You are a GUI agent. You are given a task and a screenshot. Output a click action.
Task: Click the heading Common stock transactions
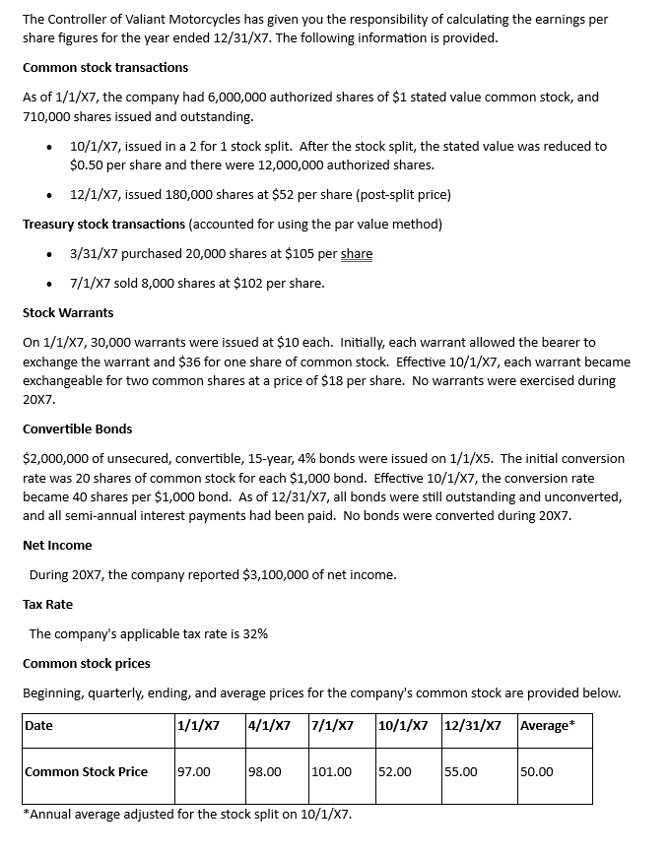tap(105, 68)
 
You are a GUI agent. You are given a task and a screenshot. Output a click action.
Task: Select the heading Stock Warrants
tap(68, 313)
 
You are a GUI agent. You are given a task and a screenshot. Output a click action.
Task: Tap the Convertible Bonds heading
tap(77, 429)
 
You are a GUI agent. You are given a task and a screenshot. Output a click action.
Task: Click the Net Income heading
tap(57, 546)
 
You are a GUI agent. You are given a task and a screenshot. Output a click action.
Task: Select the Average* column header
tap(546, 726)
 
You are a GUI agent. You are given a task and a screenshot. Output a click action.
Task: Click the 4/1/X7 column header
tap(270, 726)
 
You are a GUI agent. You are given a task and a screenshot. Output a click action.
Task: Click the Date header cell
tap(38, 726)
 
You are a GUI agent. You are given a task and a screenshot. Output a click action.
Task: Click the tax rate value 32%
tap(254, 634)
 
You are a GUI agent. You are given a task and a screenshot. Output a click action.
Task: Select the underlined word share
tap(357, 254)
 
